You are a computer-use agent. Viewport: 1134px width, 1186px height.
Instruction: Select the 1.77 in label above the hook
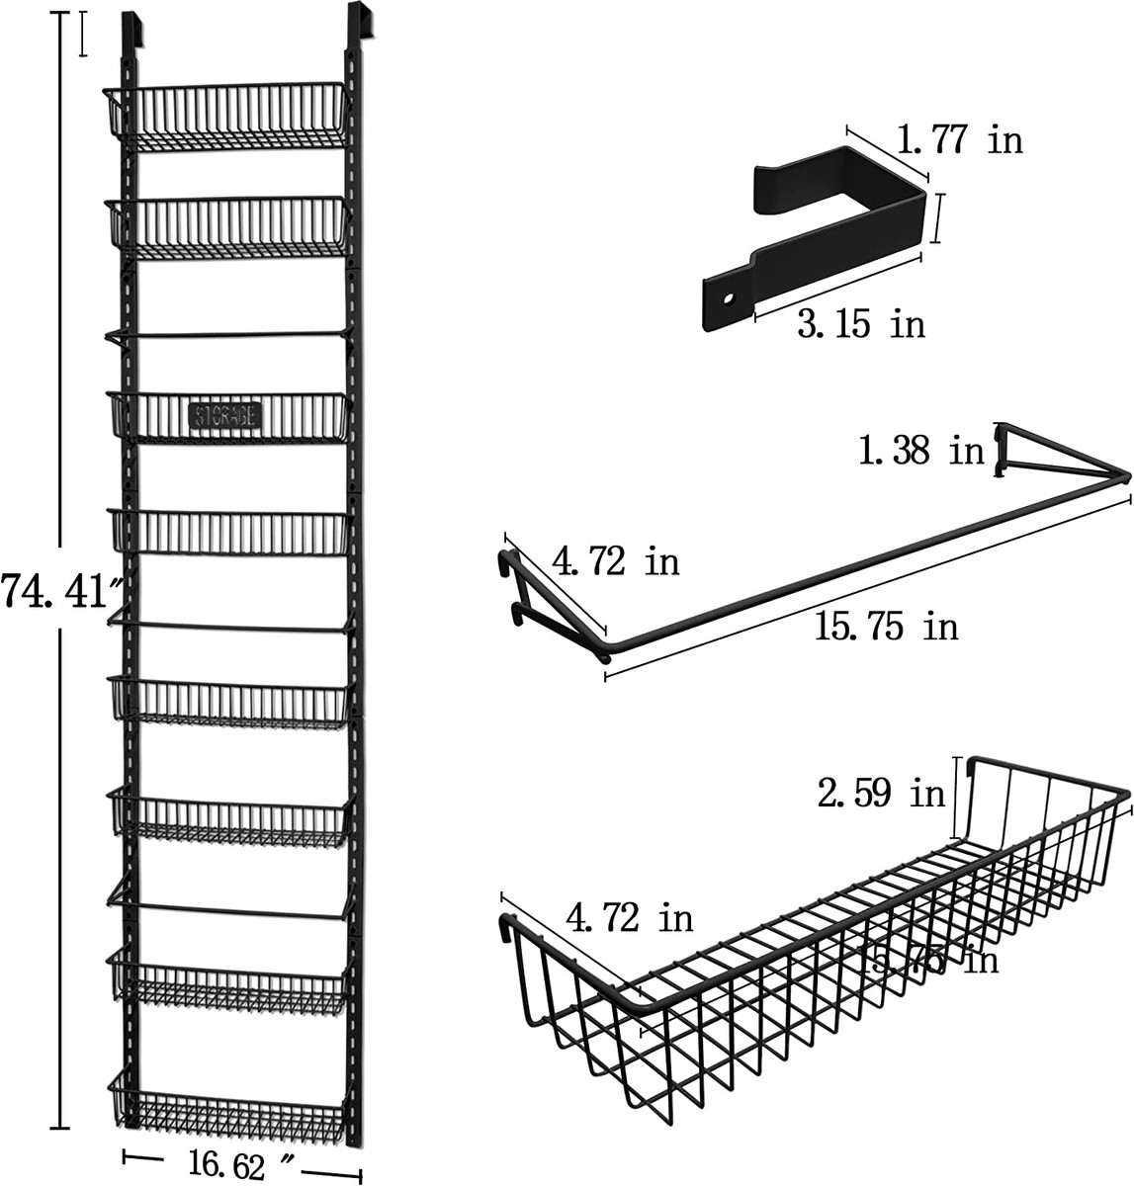pos(959,140)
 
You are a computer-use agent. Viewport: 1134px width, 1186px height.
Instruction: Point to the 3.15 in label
pos(861,323)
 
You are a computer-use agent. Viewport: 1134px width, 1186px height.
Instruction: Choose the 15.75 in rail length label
pos(886,626)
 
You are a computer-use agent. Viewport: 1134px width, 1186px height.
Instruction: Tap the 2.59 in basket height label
pos(881,793)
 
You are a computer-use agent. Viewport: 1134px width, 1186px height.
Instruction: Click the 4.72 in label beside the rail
pos(616,562)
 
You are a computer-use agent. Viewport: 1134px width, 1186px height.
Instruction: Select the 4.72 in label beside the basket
pos(630,918)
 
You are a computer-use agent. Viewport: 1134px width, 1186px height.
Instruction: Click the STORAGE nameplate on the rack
pos(224,414)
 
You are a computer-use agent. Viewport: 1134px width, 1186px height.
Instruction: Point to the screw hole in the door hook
pos(727,296)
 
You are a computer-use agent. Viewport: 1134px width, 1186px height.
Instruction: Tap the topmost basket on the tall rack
pos(227,117)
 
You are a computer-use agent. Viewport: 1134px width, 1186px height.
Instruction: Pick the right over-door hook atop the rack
pos(360,25)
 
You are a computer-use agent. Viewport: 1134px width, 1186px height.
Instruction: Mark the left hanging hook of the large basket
pos(509,930)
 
